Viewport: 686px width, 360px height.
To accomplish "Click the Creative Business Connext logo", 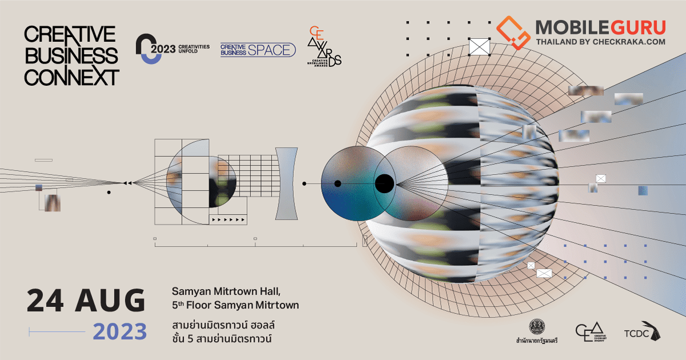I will [x=71, y=56].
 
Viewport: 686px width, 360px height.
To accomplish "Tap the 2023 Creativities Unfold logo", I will [x=172, y=49].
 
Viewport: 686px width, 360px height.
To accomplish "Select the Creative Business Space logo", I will [x=258, y=50].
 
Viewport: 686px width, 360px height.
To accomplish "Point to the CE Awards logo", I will [x=324, y=46].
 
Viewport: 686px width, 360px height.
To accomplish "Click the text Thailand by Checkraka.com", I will [x=600, y=42].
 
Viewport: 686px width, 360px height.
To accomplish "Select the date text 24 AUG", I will [x=86, y=301].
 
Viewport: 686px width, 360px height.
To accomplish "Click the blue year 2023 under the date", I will [x=120, y=331].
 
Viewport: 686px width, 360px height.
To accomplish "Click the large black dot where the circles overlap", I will [x=384, y=183].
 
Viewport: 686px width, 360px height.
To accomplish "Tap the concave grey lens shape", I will [x=286, y=183].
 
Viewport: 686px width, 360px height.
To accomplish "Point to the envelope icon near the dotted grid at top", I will [x=480, y=46].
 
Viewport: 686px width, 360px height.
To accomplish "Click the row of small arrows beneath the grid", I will [x=228, y=219].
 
